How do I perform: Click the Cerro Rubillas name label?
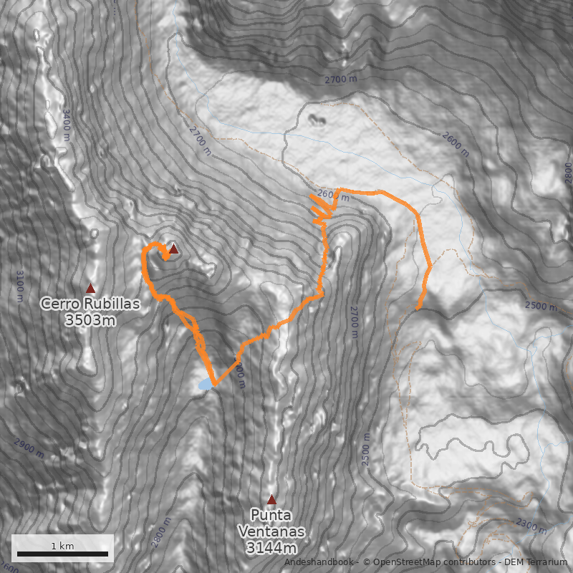coord(90,304)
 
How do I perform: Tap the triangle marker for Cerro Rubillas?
coord(90,288)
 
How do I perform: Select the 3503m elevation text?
coord(90,320)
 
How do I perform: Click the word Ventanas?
coord(271,532)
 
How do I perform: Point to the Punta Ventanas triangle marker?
coord(271,499)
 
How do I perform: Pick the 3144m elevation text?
coord(271,549)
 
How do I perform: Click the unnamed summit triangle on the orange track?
coord(173,249)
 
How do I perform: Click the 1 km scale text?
coord(62,546)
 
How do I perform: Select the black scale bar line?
coord(62,554)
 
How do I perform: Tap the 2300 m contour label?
coord(531,528)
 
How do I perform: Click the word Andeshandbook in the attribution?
coord(318,563)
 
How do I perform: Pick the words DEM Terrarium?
coord(531,563)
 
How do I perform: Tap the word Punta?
coord(271,515)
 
